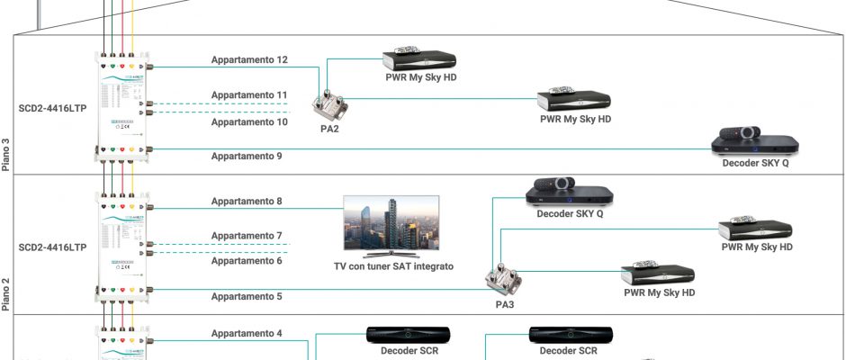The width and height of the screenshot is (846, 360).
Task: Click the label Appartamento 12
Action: (x=249, y=60)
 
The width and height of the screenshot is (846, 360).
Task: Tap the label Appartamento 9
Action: (x=247, y=157)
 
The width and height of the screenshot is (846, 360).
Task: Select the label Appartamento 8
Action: (x=247, y=202)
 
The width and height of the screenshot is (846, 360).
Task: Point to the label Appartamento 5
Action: (x=247, y=296)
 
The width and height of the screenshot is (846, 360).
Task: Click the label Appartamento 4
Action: (x=247, y=334)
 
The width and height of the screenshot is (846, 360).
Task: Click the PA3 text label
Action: (x=505, y=304)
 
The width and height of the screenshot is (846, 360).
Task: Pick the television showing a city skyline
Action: (x=396, y=225)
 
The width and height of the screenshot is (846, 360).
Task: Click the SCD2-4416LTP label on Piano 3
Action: (x=52, y=105)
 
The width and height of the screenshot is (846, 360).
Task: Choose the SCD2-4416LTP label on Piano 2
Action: (x=52, y=246)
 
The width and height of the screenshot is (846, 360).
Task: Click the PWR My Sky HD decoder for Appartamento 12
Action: (x=419, y=58)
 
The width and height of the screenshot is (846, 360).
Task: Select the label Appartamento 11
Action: (x=249, y=94)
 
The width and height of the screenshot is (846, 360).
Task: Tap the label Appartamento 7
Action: (x=247, y=236)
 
